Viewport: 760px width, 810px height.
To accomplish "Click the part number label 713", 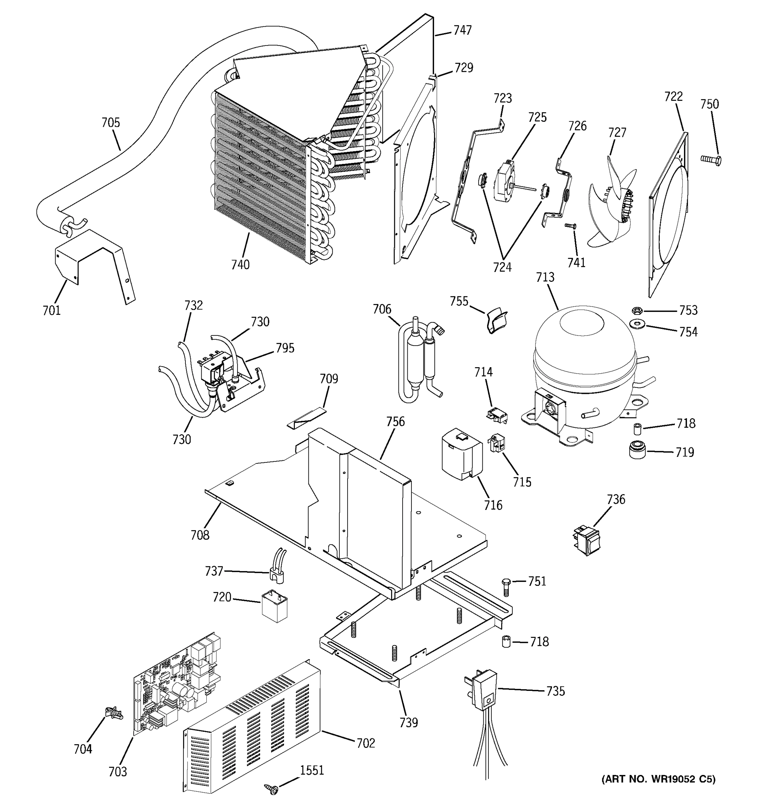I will (545, 277).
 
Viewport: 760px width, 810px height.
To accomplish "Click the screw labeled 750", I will (711, 159).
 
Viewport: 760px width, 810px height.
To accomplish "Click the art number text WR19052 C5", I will (658, 779).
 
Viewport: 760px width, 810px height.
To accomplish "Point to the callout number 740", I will (240, 265).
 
